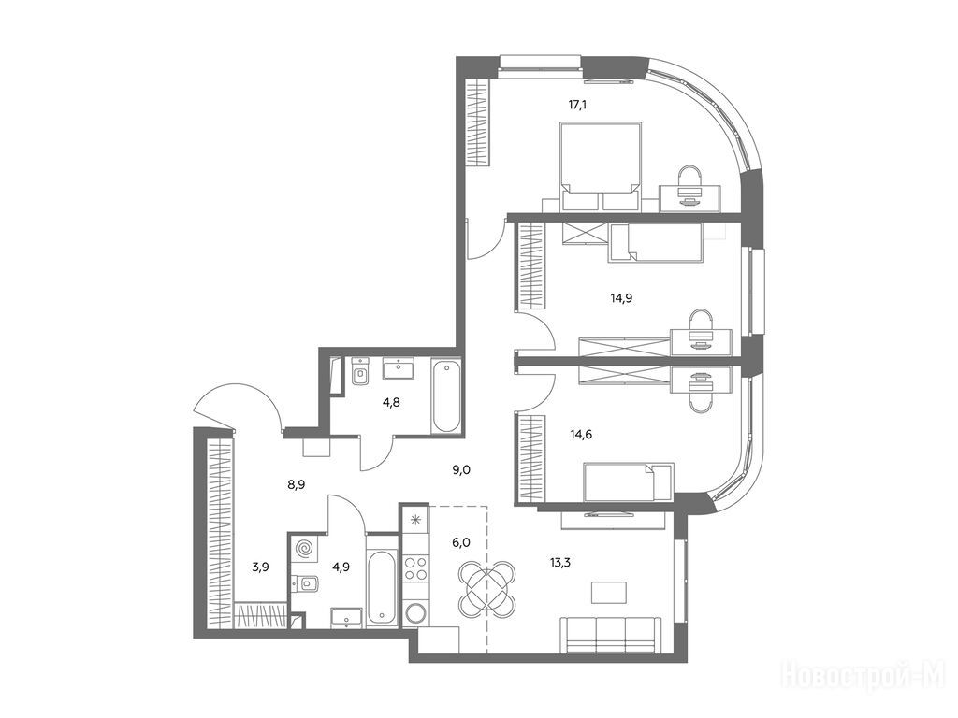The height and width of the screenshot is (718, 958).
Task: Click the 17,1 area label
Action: coord(578,105)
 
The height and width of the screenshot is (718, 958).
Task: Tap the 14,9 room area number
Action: coord(621,298)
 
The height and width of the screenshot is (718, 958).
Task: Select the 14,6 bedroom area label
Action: coord(581,435)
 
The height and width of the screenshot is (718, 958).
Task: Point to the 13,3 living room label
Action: coord(559,563)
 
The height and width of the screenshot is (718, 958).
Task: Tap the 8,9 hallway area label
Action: coord(297,485)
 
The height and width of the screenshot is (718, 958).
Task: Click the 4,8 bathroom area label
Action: coord(391,402)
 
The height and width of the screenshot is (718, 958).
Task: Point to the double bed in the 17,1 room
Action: coord(601,166)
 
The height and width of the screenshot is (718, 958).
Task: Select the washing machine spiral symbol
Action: coord(304,549)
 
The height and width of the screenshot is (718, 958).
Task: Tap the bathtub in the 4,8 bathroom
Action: coord(445,396)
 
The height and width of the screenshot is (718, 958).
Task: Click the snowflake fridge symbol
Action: coord(415,520)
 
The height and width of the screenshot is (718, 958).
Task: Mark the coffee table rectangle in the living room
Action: coord(608,592)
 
